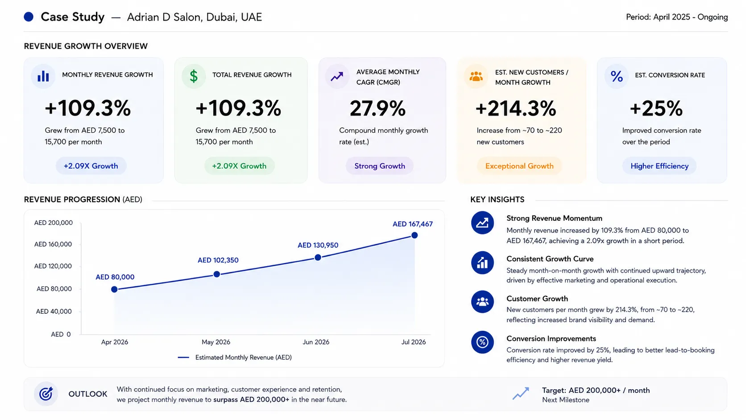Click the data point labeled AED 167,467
(414, 235)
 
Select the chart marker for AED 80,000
(114, 289)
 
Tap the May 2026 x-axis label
(216, 342)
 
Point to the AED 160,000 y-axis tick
(53, 244)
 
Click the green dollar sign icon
(194, 76)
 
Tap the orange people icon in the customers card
(476, 76)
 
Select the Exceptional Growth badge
(519, 166)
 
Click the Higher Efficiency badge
(659, 166)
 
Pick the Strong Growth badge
(380, 166)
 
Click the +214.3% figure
(516, 108)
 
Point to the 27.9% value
(377, 108)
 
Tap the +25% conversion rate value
(656, 108)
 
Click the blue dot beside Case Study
(29, 17)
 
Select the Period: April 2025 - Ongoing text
(677, 17)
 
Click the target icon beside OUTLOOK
(46, 394)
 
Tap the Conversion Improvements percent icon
(482, 342)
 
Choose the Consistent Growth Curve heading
(550, 259)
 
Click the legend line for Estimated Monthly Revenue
(183, 358)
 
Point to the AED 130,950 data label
(318, 245)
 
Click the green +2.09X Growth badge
(239, 166)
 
